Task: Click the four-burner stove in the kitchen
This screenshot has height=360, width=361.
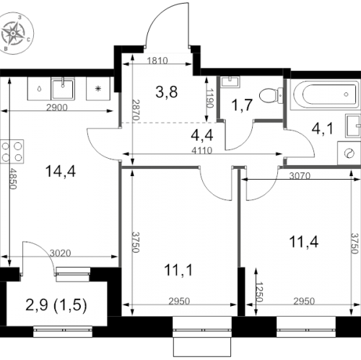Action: (x=12, y=152)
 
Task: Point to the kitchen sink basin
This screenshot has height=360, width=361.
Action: (x=63, y=89)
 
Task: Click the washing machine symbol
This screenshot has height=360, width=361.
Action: (x=349, y=153)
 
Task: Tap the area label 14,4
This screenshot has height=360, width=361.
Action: (x=61, y=172)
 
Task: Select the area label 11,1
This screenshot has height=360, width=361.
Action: (x=178, y=270)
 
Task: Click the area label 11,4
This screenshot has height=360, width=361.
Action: (x=304, y=242)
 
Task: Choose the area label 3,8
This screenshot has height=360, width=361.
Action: (x=167, y=92)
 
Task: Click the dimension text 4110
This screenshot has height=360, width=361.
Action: (x=202, y=151)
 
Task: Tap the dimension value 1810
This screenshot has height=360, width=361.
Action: (x=157, y=61)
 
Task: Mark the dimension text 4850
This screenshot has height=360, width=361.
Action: (x=13, y=179)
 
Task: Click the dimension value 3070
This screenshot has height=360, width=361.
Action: (x=300, y=176)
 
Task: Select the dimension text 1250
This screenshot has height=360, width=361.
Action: (x=259, y=291)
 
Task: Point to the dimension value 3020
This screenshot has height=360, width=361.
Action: (x=61, y=253)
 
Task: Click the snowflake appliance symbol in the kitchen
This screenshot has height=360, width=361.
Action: (x=98, y=89)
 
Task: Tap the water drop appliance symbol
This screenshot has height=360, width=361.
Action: (x=39, y=89)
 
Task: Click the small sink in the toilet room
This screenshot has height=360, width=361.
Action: (x=230, y=82)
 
